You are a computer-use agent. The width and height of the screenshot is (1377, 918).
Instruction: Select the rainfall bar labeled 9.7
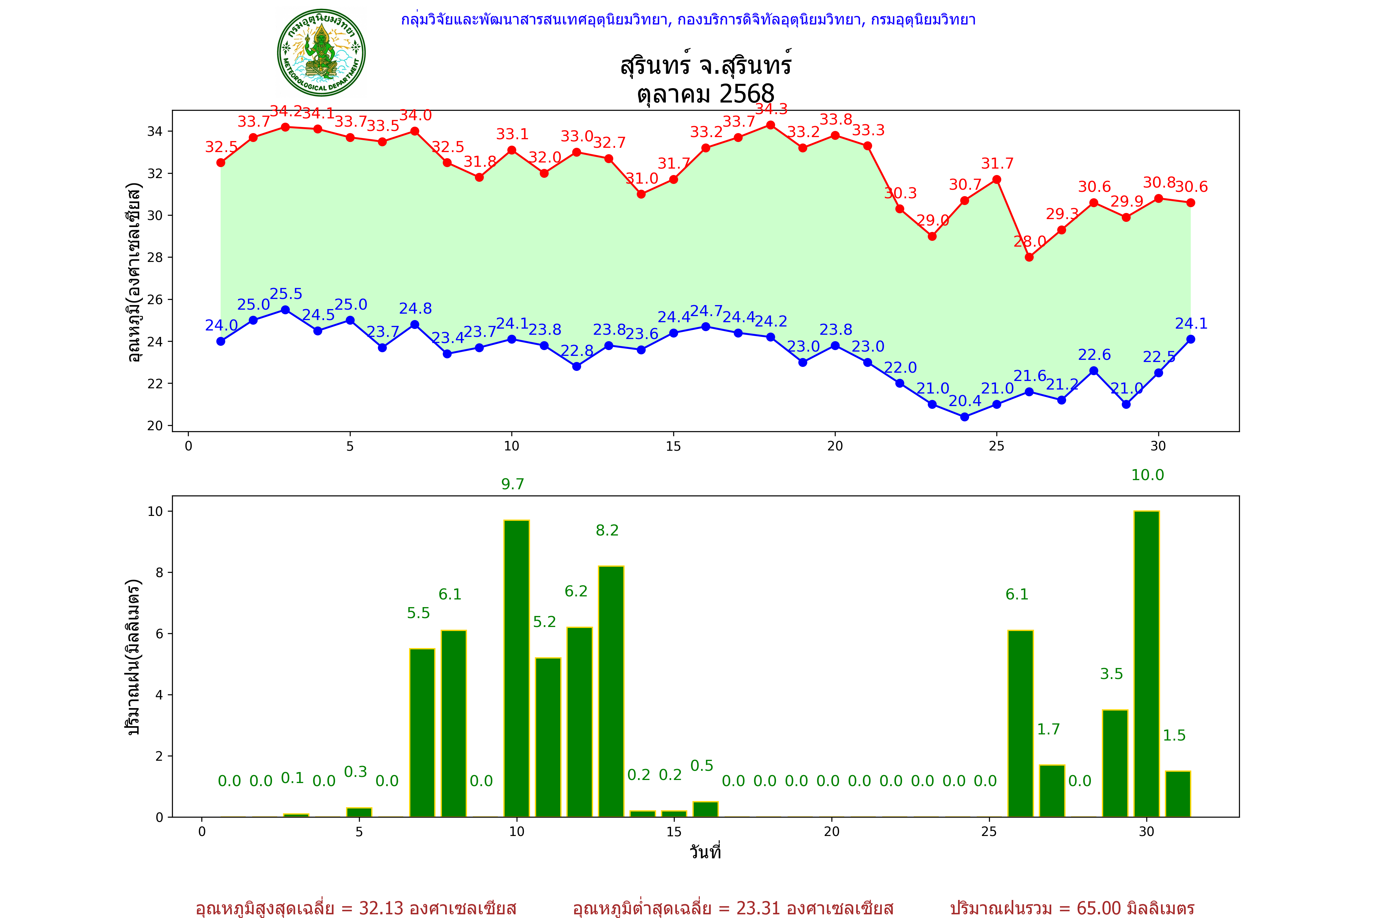pyautogui.click(x=517, y=667)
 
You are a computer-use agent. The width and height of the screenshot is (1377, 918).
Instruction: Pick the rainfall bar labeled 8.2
pyautogui.click(x=611, y=691)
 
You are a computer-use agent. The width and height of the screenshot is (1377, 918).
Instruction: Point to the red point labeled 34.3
pyautogui.click(x=771, y=125)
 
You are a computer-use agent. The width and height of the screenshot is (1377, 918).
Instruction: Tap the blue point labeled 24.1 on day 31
pyautogui.click(x=1190, y=339)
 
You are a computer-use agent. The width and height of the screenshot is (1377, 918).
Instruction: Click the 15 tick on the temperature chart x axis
pyautogui.click(x=673, y=446)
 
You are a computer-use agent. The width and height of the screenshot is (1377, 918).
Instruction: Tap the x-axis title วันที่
pyautogui.click(x=705, y=852)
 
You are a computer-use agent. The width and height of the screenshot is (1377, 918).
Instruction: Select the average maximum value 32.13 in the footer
pyautogui.click(x=381, y=908)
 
